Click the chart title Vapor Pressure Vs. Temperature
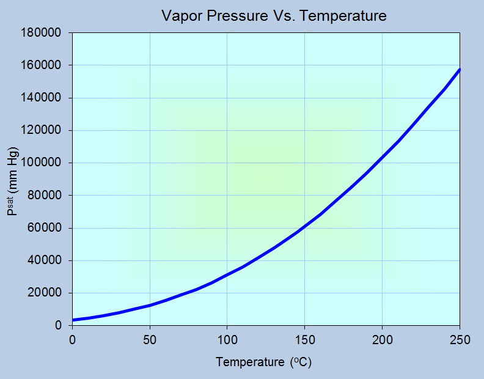(x=274, y=15)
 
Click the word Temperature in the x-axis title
(x=250, y=362)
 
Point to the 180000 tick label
(x=41, y=32)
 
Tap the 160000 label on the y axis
(x=41, y=65)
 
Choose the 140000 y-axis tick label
(x=41, y=98)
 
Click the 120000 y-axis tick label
(x=41, y=130)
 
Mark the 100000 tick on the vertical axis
(x=41, y=163)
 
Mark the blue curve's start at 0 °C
(x=73, y=320)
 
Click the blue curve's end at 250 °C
(x=459, y=70)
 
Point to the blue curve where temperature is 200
(x=382, y=157)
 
